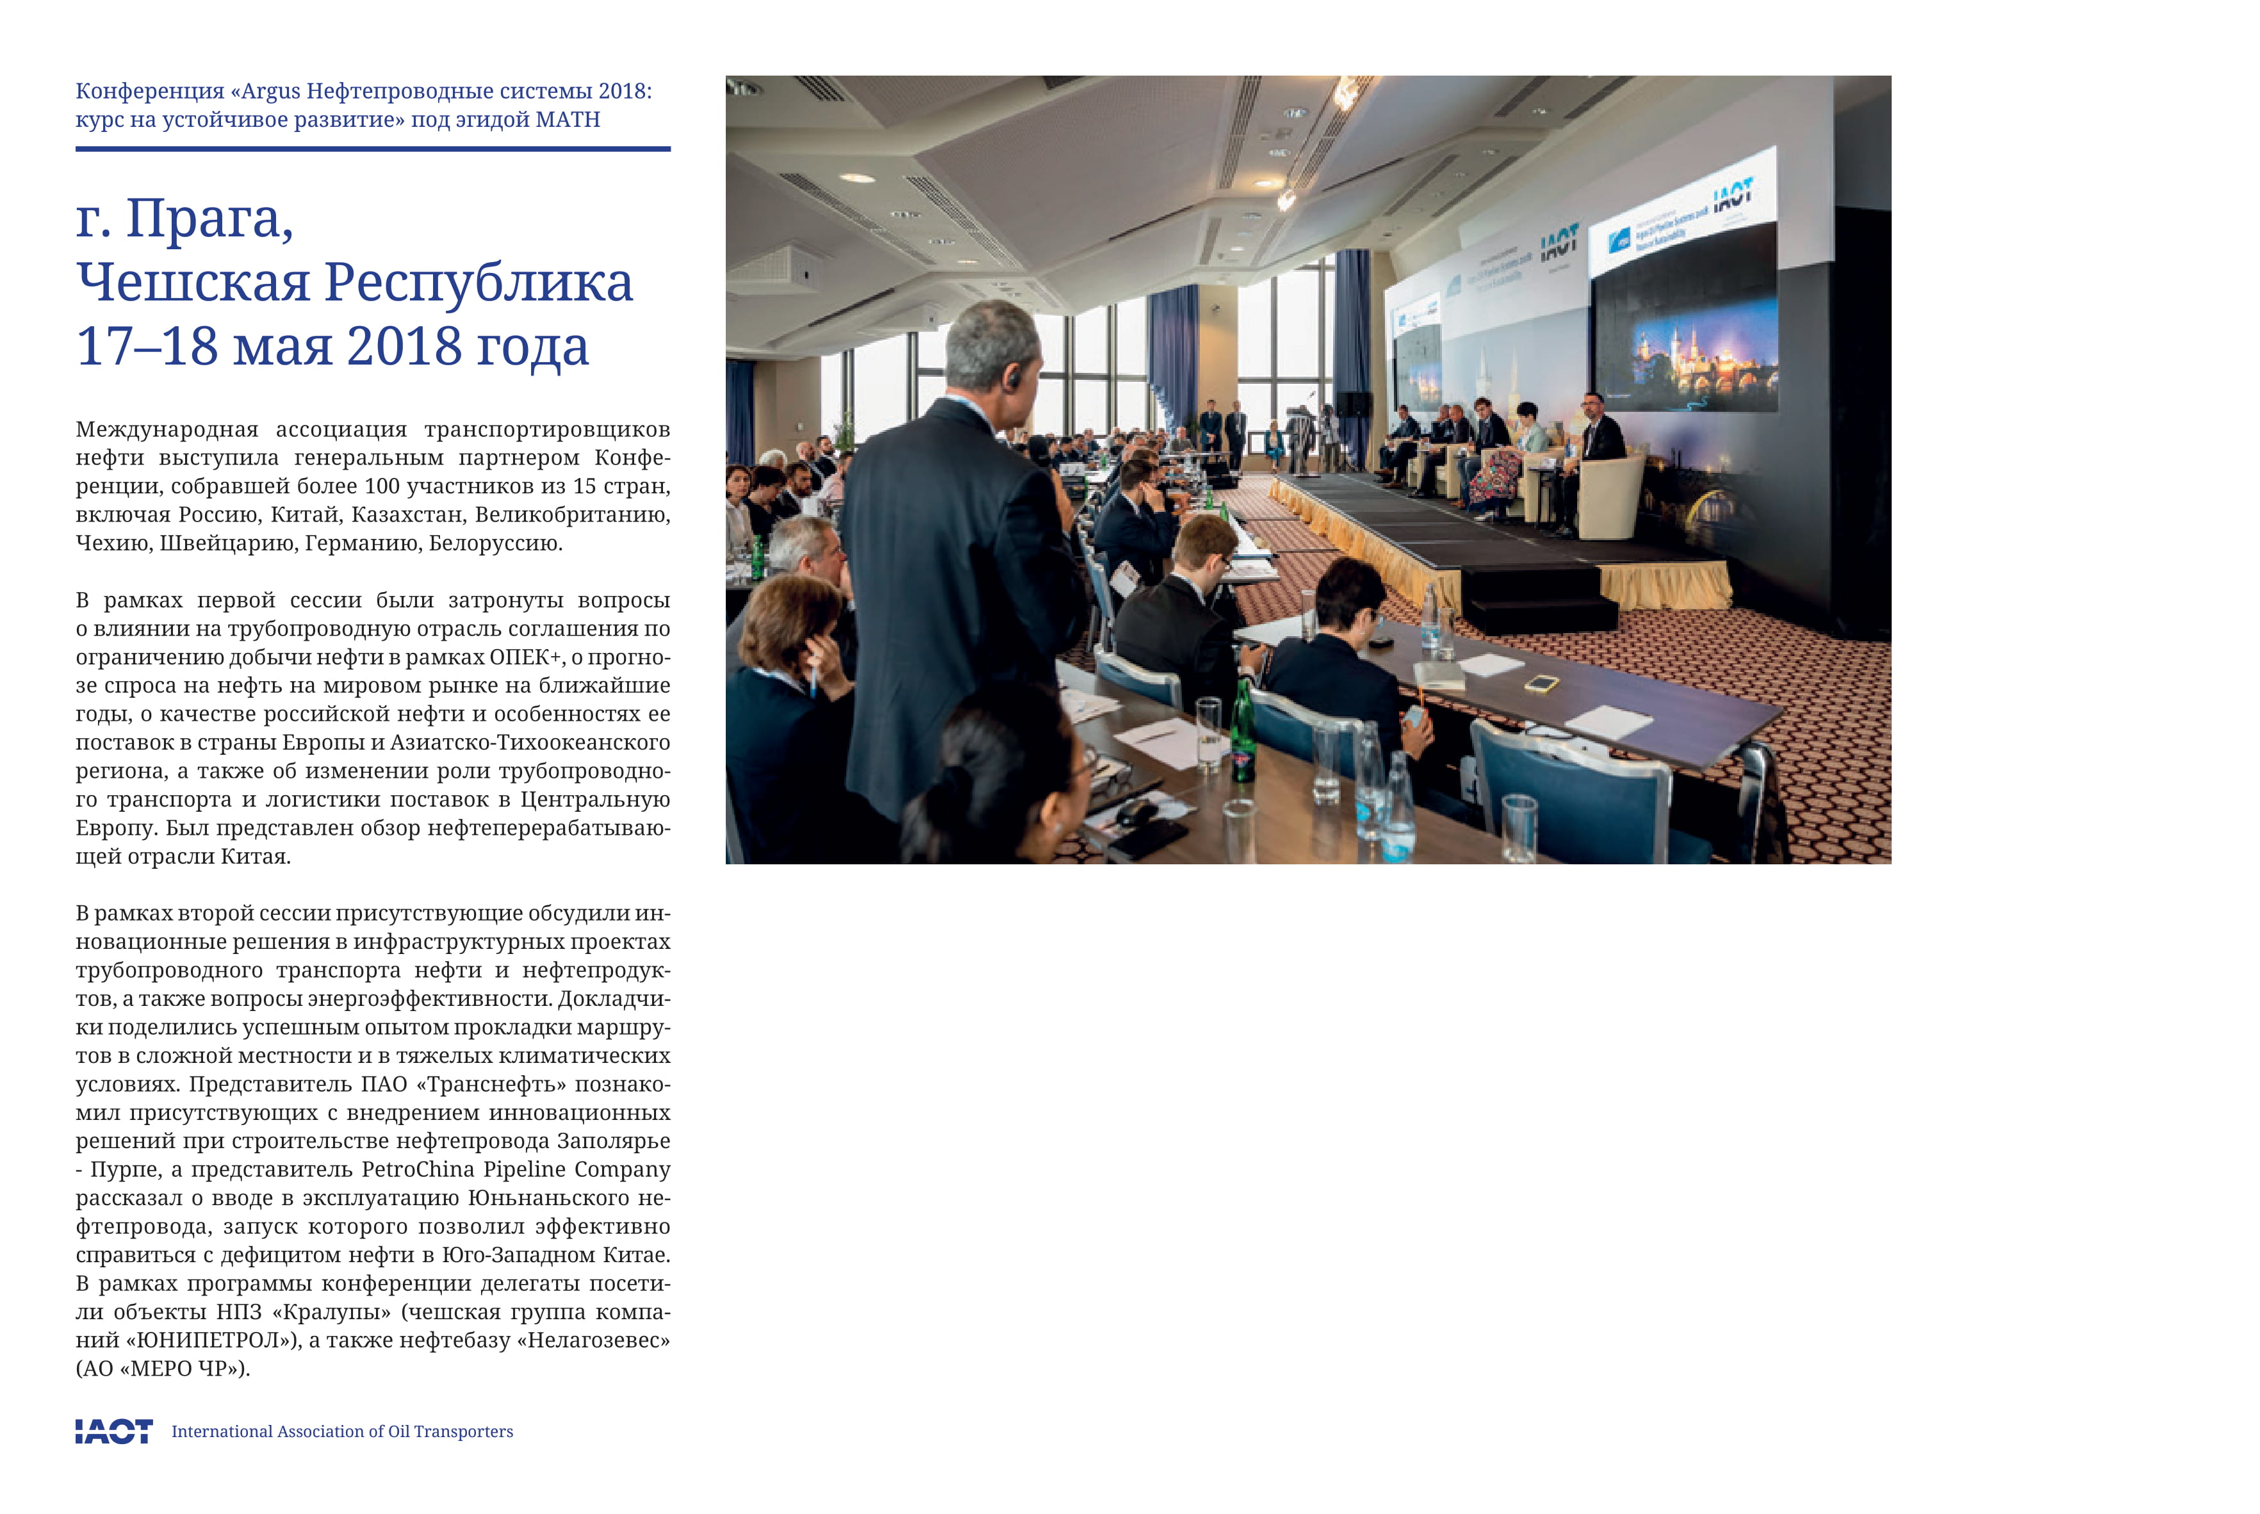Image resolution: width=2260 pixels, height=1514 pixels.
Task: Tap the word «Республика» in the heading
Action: click(x=478, y=283)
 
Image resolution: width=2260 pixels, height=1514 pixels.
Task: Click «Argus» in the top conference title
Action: click(x=270, y=92)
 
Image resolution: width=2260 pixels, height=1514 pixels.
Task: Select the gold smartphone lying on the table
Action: click(x=1542, y=684)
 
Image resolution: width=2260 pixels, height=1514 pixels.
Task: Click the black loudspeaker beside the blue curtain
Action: click(x=1352, y=404)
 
